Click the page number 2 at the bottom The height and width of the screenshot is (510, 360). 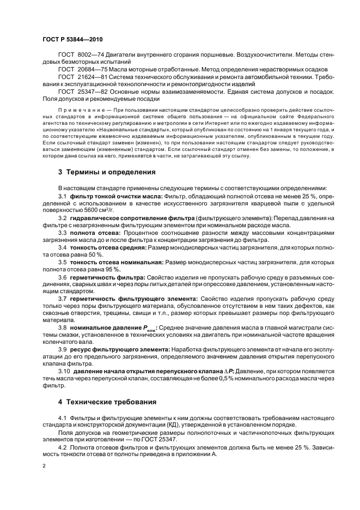pyautogui.click(x=45, y=467)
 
